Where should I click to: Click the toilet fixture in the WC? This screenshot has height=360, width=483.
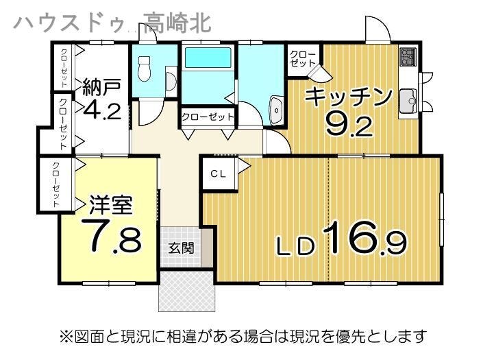[x=144, y=69]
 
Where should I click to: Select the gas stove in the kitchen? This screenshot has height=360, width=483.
[x=408, y=57]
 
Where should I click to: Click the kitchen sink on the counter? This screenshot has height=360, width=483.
[x=408, y=101]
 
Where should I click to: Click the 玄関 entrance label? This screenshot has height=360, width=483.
[x=182, y=248]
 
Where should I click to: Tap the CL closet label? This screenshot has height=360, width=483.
[x=218, y=174]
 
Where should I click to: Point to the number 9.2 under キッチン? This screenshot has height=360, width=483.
[x=349, y=123]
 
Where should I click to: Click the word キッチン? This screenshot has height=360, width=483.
[x=349, y=97]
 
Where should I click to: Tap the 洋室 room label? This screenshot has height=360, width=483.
[x=110, y=204]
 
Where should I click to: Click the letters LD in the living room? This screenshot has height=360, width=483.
[x=297, y=247]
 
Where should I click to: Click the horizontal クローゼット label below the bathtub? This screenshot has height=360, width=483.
[x=208, y=117]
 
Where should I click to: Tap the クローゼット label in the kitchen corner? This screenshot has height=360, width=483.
[x=303, y=59]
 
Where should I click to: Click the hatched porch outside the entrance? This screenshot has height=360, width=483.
[x=186, y=291]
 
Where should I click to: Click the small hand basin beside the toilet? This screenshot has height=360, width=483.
[x=171, y=81]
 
